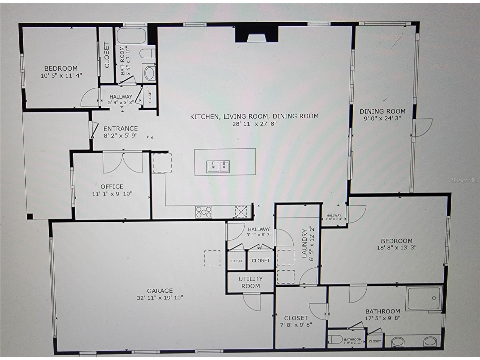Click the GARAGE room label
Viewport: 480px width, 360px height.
click(160, 291)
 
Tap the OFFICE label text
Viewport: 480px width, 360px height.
click(112, 187)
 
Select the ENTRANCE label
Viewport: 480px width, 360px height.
click(120, 128)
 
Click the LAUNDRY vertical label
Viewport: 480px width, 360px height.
click(305, 243)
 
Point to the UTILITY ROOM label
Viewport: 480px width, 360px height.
click(251, 282)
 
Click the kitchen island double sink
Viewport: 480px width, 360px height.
click(218, 167)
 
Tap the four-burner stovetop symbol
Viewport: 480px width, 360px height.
click(204, 212)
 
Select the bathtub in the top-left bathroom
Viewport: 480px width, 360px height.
click(131, 36)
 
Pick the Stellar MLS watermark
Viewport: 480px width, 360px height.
click(465, 180)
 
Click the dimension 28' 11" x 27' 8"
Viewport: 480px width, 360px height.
click(254, 123)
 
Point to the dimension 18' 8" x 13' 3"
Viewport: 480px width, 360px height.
click(397, 247)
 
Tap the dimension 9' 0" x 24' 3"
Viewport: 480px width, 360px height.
click(382, 118)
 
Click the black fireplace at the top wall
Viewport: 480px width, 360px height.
click(257, 34)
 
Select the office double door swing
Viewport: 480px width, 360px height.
click(122, 163)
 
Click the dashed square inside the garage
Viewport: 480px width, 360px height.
click(212, 258)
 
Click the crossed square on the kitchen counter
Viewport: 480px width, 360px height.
click(241, 212)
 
